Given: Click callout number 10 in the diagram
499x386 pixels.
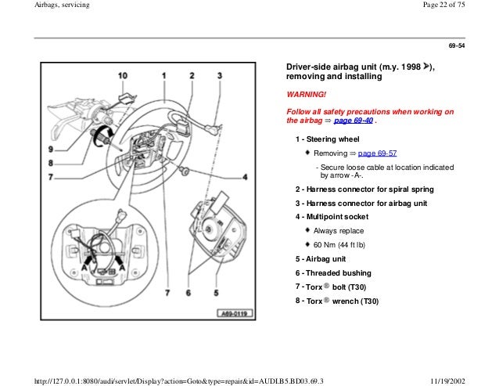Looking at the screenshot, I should point(123,75).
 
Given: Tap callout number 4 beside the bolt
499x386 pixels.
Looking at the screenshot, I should point(244,178).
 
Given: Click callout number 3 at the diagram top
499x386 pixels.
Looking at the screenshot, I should point(220,75).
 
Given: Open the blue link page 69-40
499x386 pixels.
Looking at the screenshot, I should point(353,122).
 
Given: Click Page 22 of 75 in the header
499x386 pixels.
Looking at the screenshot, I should point(462,6).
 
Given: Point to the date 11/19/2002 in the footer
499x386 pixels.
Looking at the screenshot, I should point(471,380).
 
